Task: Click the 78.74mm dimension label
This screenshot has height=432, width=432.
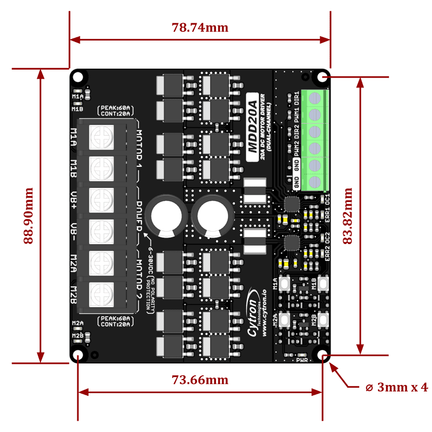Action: pyautogui.click(x=200, y=28)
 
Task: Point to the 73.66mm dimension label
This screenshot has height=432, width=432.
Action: pyautogui.click(x=200, y=380)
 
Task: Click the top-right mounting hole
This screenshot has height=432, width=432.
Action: pyautogui.click(x=323, y=77)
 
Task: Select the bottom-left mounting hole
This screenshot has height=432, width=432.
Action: pyautogui.click(x=78, y=355)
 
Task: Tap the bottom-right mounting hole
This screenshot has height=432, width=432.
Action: pyautogui.click(x=323, y=355)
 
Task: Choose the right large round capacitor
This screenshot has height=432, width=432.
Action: pyautogui.click(x=214, y=215)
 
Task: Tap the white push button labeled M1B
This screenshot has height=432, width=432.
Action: pyautogui.click(x=323, y=283)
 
